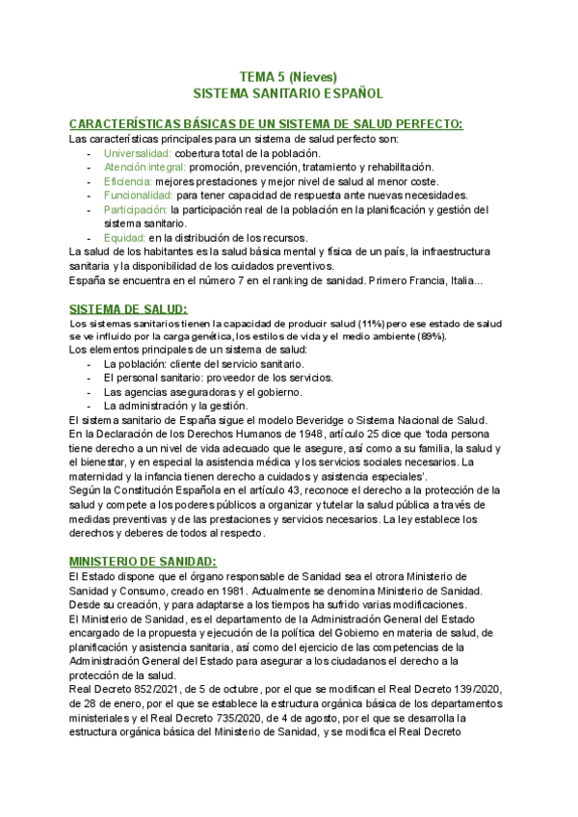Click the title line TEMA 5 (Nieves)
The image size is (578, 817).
(x=288, y=77)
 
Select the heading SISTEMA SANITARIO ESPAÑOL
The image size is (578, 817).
(x=288, y=94)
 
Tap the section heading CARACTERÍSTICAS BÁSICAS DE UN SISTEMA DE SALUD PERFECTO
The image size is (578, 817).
(x=266, y=123)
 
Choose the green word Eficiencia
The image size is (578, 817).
(x=127, y=181)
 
